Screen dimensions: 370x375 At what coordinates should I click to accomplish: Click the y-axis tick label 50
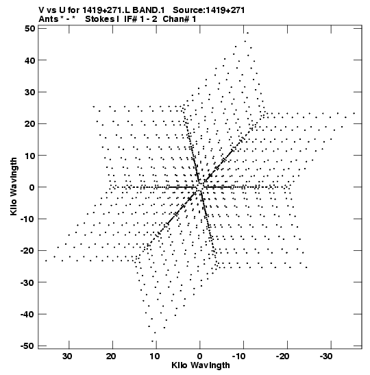(x=30, y=29)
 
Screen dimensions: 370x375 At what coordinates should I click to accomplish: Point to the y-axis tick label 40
(x=30, y=60)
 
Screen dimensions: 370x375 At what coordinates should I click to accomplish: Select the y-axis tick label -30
(x=27, y=282)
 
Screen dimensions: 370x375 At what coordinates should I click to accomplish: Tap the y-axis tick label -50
(x=27, y=346)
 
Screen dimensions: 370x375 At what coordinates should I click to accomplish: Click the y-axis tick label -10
(x=27, y=219)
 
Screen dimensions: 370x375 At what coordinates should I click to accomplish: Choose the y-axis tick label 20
(x=30, y=124)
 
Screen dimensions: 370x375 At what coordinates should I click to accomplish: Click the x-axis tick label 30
(x=67, y=356)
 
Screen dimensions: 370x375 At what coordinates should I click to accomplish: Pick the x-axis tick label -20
(x=283, y=356)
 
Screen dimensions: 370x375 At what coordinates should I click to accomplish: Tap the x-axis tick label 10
(x=155, y=356)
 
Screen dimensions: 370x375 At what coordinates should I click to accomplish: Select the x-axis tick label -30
(x=327, y=356)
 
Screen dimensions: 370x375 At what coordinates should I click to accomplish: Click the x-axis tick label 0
(x=199, y=356)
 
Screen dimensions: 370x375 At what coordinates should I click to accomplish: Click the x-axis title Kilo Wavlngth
(x=201, y=365)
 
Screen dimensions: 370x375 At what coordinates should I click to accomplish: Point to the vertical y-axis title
(x=14, y=186)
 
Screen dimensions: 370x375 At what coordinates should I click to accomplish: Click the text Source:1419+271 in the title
(x=209, y=10)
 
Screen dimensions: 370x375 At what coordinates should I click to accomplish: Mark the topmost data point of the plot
(x=247, y=33)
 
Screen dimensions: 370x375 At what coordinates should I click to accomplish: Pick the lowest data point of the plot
(x=153, y=341)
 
